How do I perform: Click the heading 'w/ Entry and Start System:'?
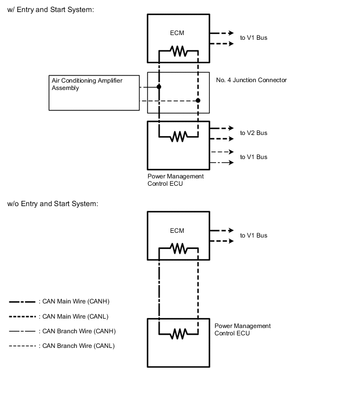click(51, 10)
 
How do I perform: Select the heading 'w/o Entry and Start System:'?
click(52, 204)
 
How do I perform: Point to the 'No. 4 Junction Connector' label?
click(251, 80)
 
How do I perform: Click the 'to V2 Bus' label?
click(253, 133)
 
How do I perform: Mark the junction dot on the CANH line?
click(159, 86)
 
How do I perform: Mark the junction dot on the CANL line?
click(198, 100)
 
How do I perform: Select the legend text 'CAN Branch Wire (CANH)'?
click(78, 331)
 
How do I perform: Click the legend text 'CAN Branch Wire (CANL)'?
click(78, 346)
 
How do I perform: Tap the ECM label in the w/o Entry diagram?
click(177, 231)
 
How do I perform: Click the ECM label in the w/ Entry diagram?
click(177, 33)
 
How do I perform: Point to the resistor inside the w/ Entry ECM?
click(178, 51)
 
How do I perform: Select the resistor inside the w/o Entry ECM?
click(178, 249)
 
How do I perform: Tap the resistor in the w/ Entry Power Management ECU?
click(178, 137)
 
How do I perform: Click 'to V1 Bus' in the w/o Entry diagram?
click(253, 235)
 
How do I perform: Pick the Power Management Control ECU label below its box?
click(175, 180)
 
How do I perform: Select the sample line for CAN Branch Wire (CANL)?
click(22, 346)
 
